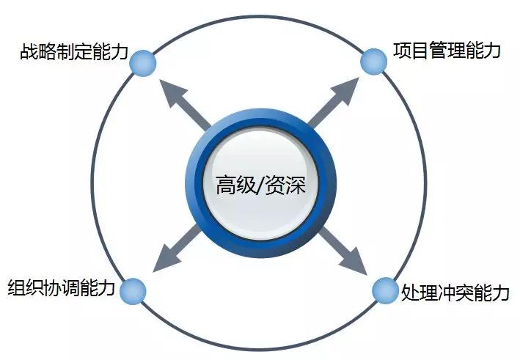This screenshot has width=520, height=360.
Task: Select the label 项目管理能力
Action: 447,51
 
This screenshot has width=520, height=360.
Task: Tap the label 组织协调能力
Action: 62,288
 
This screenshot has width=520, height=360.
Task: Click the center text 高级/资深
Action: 260,184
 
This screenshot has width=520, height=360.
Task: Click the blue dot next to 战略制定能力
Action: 143,63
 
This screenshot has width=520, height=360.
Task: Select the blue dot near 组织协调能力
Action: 133,290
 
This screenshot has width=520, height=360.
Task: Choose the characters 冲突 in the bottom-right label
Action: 455,292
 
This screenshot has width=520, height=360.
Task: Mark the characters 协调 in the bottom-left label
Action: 62,288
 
